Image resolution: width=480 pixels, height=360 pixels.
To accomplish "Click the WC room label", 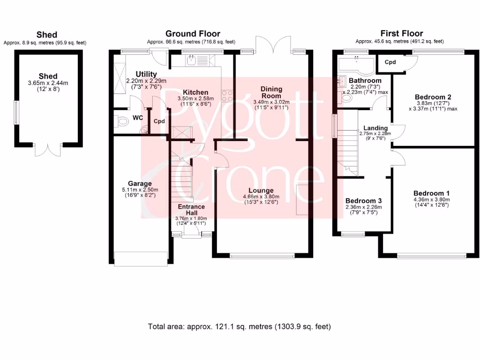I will point(137,118).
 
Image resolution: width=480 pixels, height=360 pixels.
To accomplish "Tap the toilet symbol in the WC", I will point(121,122).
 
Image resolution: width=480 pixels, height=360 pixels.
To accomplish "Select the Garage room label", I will point(140,183).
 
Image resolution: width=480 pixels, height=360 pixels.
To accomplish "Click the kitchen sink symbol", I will point(192,60).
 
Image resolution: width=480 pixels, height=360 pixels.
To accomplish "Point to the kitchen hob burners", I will point(227,96).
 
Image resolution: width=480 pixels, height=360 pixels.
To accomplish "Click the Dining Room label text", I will point(271,92).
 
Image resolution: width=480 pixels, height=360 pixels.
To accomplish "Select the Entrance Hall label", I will point(191,210).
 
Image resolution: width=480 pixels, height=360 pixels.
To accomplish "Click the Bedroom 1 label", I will point(431,193).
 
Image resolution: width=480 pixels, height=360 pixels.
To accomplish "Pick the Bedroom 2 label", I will point(433,97).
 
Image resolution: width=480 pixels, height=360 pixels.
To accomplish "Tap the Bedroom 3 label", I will point(363,200).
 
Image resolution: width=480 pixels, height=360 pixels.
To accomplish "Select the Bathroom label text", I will point(365,81).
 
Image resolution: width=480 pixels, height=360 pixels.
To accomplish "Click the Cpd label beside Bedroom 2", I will point(390,62).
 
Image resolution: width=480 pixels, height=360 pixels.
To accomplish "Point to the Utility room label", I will point(146,74).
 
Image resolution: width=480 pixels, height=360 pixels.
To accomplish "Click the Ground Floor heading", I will point(192,33).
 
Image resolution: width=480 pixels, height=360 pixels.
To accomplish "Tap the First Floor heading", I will point(402,33).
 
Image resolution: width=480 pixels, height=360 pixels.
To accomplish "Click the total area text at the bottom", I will point(240,326).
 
